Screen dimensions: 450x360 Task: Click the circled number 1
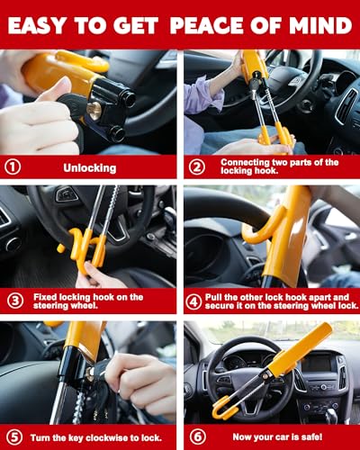pyautogui.click(x=13, y=166)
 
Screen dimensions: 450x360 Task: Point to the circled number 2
pyautogui.click(x=197, y=166)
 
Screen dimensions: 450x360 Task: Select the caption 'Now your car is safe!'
pyautogui.click(x=271, y=436)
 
